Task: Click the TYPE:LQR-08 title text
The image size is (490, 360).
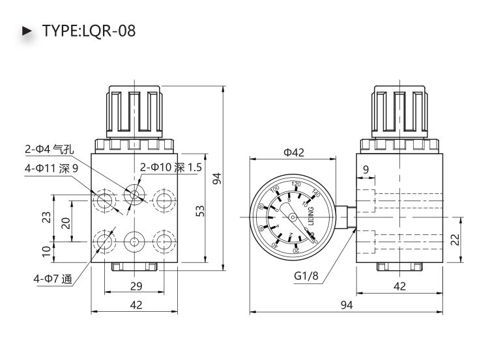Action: coord(89,31)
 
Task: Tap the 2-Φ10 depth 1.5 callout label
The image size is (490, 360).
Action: coord(171,168)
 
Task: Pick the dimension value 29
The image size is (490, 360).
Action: coord(136,286)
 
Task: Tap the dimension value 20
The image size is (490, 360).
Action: coord(65,223)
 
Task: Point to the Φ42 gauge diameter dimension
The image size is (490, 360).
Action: coord(295,152)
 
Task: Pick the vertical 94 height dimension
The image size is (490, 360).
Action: coord(218,177)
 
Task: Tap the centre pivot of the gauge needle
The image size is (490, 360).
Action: coord(293,217)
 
